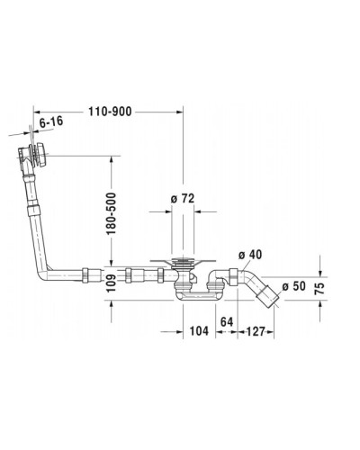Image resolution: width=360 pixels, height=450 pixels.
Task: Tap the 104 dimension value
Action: [x=199, y=332]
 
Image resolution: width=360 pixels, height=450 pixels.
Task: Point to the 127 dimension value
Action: [x=255, y=332]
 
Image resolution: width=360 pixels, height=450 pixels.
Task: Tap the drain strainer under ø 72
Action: [x=184, y=264]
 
